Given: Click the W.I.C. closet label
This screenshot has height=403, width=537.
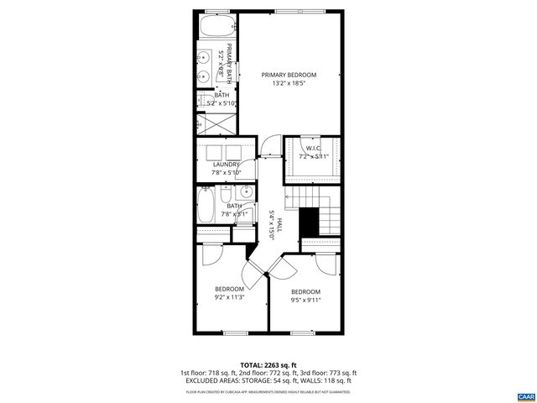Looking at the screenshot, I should pyautogui.click(x=313, y=149).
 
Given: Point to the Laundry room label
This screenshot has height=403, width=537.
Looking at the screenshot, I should pyautogui.click(x=227, y=164).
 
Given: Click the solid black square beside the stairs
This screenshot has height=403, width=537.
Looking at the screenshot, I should pyautogui.click(x=310, y=222).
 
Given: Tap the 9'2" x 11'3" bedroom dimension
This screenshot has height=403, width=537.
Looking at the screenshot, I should pyautogui.click(x=229, y=296).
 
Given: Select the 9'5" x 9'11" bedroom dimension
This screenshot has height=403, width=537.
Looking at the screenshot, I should pyautogui.click(x=305, y=300).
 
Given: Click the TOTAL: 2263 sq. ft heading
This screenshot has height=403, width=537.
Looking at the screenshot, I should pyautogui.click(x=268, y=365).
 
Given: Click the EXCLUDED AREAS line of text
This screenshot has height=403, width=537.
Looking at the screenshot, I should pyautogui.click(x=268, y=380).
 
